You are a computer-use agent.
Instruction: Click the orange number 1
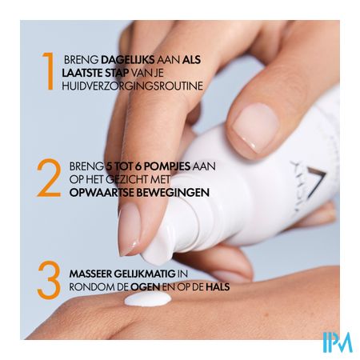click(49, 71)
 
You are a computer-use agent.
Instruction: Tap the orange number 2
click(49, 178)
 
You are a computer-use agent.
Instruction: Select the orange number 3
click(49, 280)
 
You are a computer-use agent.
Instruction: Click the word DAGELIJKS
click(128, 60)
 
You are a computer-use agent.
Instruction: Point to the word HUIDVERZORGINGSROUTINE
click(133, 86)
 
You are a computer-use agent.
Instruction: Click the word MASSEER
click(90, 274)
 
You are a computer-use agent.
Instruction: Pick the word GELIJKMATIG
click(145, 274)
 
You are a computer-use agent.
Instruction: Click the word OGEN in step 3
click(146, 287)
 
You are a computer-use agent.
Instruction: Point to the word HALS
click(218, 287)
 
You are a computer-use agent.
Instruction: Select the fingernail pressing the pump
click(129, 229)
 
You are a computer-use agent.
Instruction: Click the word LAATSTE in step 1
click(82, 73)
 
